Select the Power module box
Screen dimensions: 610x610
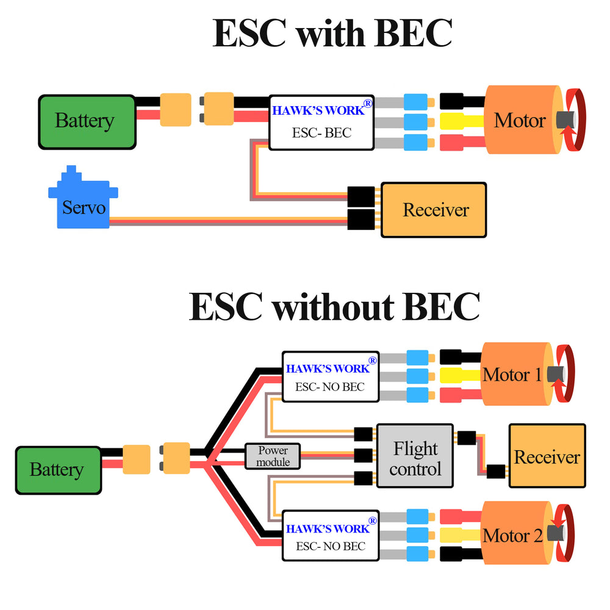click(273, 456)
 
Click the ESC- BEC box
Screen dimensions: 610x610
click(321, 123)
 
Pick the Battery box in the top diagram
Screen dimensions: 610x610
click(86, 121)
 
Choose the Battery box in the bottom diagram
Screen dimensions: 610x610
click(57, 470)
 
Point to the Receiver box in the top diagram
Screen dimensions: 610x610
click(434, 210)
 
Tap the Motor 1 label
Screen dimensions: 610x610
click(512, 375)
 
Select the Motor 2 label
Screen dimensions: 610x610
click(512, 536)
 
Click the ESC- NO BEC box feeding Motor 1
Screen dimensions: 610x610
click(330, 376)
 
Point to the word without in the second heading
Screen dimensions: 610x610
click(332, 306)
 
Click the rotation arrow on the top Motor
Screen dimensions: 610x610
click(575, 120)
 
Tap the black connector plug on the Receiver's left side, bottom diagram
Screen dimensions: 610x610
click(496, 471)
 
